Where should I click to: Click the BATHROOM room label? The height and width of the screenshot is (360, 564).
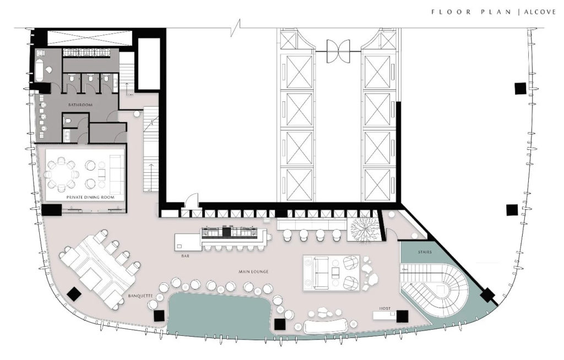pos(80,105)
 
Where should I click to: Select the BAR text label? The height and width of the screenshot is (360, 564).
pos(185,257)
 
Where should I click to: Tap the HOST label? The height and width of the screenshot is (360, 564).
pos(384,309)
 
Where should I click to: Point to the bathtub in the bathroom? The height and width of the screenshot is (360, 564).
pos(42,69)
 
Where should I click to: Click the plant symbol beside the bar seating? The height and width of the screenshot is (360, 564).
pos(363,230)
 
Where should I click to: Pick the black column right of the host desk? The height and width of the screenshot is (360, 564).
pos(402,316)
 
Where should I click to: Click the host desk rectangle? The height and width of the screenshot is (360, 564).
pos(384,315)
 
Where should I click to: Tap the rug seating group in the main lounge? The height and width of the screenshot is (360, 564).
pos(331,272)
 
